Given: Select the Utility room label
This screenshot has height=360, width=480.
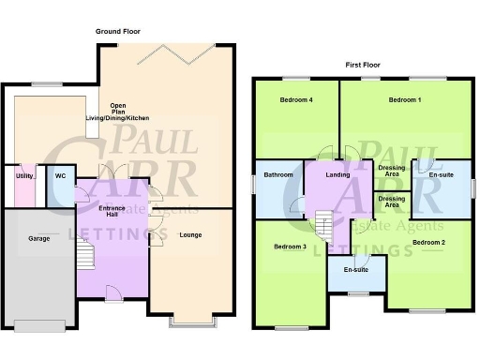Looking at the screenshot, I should point(24,175).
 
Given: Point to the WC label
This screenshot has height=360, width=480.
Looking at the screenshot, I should point(59,175).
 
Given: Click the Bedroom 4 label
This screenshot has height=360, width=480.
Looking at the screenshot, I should point(296,99).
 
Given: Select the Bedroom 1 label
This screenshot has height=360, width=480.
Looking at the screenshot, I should point(405,99).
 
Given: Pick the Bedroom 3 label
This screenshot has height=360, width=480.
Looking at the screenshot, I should point(290,247).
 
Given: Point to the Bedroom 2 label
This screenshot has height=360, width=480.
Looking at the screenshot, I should point(427,243).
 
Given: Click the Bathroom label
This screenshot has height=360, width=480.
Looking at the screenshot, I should point(278,174).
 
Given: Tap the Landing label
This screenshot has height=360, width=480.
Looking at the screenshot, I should point(337,174).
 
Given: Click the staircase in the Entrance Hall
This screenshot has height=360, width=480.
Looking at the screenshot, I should point(86,254).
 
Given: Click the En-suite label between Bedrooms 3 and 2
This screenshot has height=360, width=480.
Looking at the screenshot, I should point(356,270).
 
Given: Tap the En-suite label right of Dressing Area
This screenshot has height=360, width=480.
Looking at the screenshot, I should point(441,174).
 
